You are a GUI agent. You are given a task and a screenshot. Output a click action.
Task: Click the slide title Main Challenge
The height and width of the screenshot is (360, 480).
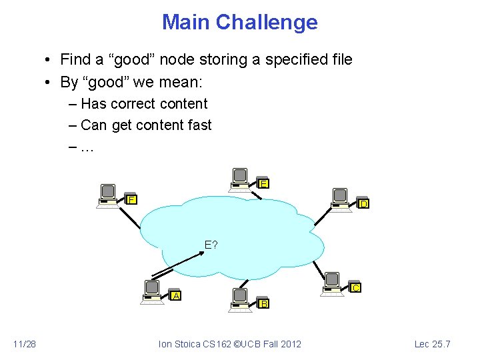pyautogui.click(x=239, y=23)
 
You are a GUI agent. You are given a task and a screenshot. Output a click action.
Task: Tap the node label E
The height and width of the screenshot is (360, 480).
pyautogui.click(x=264, y=183)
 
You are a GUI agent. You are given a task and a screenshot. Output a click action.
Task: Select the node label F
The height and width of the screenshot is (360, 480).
pyautogui.click(x=132, y=199)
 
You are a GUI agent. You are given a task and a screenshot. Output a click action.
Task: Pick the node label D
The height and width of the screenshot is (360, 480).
pyautogui.click(x=363, y=203)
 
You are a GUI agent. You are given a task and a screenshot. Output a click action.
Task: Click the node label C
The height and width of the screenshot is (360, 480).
pyautogui.click(x=356, y=287)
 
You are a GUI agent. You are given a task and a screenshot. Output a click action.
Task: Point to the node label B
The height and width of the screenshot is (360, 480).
pyautogui.click(x=264, y=304)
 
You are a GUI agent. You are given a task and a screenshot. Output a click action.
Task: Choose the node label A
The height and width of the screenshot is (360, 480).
pyautogui.click(x=176, y=295)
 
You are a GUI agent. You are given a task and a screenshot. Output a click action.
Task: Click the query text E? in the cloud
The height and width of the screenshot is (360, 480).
pyautogui.click(x=211, y=245)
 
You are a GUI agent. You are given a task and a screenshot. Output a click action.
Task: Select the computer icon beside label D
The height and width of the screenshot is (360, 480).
pyautogui.click(x=340, y=198)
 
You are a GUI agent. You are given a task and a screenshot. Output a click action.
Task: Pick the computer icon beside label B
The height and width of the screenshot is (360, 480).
pyautogui.click(x=239, y=299)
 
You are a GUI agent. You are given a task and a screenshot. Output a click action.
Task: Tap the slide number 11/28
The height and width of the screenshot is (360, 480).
pyautogui.click(x=25, y=344)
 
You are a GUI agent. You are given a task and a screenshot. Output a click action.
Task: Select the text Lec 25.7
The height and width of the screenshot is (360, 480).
pyautogui.click(x=433, y=344)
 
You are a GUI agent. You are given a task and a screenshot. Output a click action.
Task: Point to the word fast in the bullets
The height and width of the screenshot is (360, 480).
pyautogui.click(x=199, y=125)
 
